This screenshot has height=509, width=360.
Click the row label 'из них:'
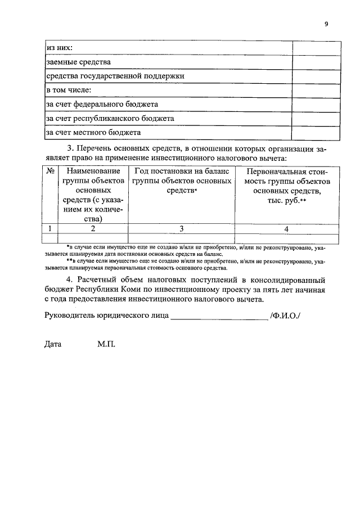point(59,47)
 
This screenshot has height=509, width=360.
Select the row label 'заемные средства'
point(78,61)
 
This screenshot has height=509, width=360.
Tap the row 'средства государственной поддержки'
point(115,75)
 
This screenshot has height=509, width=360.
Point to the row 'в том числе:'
point(69,89)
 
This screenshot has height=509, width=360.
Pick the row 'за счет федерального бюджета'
point(102,104)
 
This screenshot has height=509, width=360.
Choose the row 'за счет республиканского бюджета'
point(110,118)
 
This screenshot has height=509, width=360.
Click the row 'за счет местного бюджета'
point(93,132)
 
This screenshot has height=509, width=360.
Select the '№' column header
point(50,170)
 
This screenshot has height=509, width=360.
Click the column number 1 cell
point(50,228)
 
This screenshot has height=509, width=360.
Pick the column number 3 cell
point(182,228)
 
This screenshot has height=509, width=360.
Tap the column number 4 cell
point(287,228)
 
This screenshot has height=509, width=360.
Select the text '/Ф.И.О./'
point(285,315)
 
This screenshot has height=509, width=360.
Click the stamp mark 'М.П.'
point(106,344)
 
